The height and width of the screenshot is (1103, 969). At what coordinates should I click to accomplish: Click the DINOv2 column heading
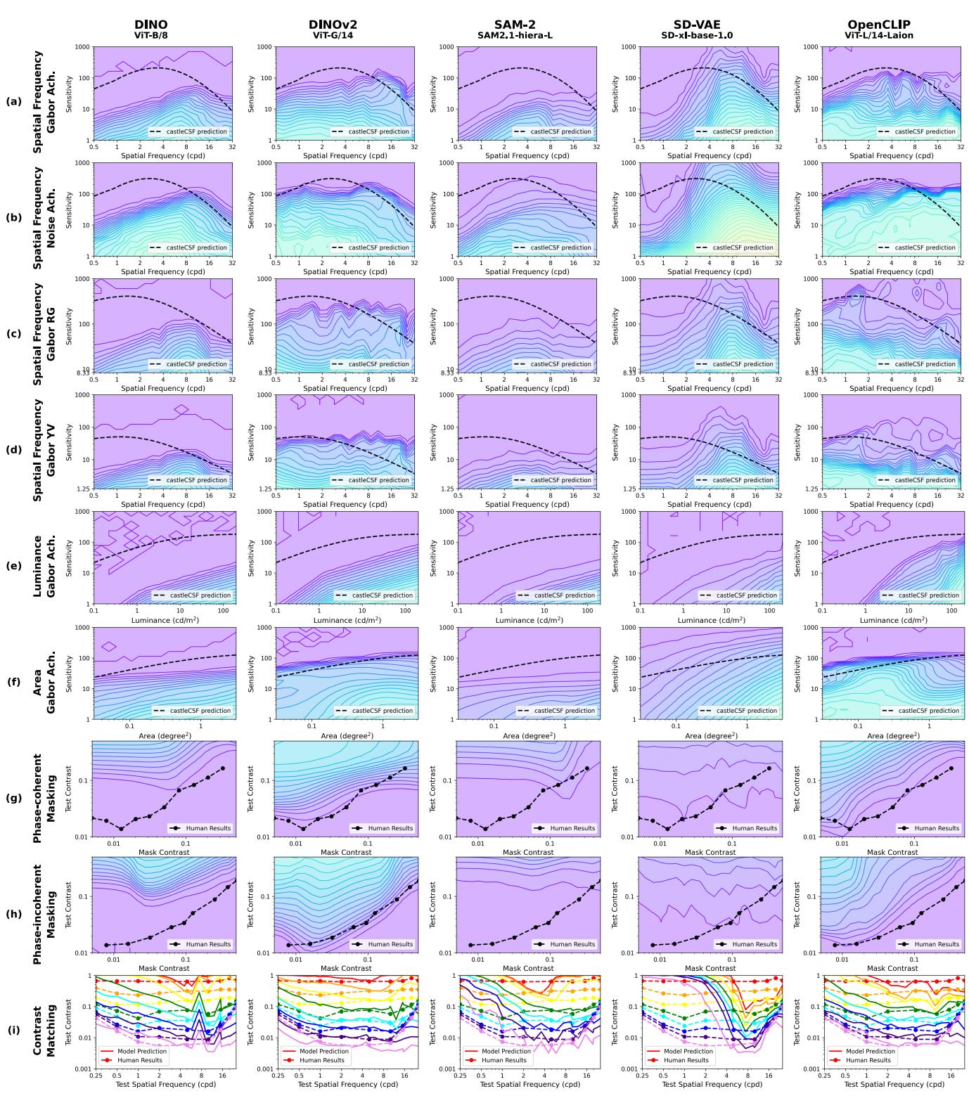point(333,25)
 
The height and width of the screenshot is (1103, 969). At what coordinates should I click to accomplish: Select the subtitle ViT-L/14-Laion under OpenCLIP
point(879,35)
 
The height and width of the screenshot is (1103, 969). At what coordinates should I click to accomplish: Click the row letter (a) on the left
point(13,101)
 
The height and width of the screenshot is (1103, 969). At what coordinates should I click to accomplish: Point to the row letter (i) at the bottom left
point(13,1031)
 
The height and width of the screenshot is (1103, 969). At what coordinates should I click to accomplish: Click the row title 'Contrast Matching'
point(45,1031)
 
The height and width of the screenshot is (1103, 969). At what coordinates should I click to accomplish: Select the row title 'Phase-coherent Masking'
point(45,798)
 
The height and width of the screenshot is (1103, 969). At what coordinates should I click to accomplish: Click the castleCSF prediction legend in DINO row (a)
point(188,131)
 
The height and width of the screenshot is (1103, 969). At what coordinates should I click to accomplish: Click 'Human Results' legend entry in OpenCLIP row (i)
point(870,1060)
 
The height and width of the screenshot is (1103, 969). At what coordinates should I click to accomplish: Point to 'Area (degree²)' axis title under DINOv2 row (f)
point(333,735)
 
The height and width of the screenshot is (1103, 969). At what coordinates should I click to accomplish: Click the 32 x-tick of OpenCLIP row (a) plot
point(961,148)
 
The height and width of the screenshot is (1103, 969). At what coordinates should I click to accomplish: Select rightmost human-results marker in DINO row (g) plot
point(223,768)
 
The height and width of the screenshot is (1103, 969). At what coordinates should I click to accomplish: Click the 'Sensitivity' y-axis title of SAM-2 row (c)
point(434,324)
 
